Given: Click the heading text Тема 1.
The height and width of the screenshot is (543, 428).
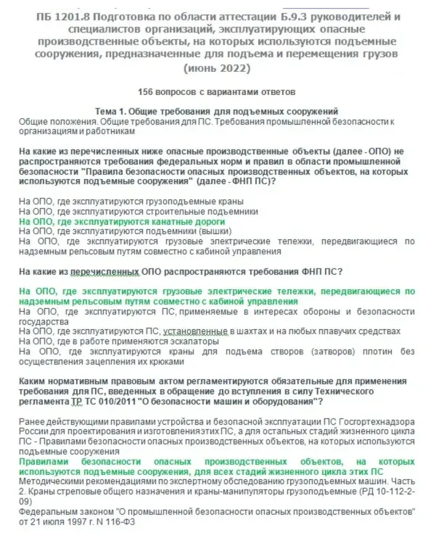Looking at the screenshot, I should [110, 112].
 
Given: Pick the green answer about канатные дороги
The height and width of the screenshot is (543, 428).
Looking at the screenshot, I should [122, 221].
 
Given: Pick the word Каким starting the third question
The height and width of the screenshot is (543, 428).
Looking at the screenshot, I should [32, 381].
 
